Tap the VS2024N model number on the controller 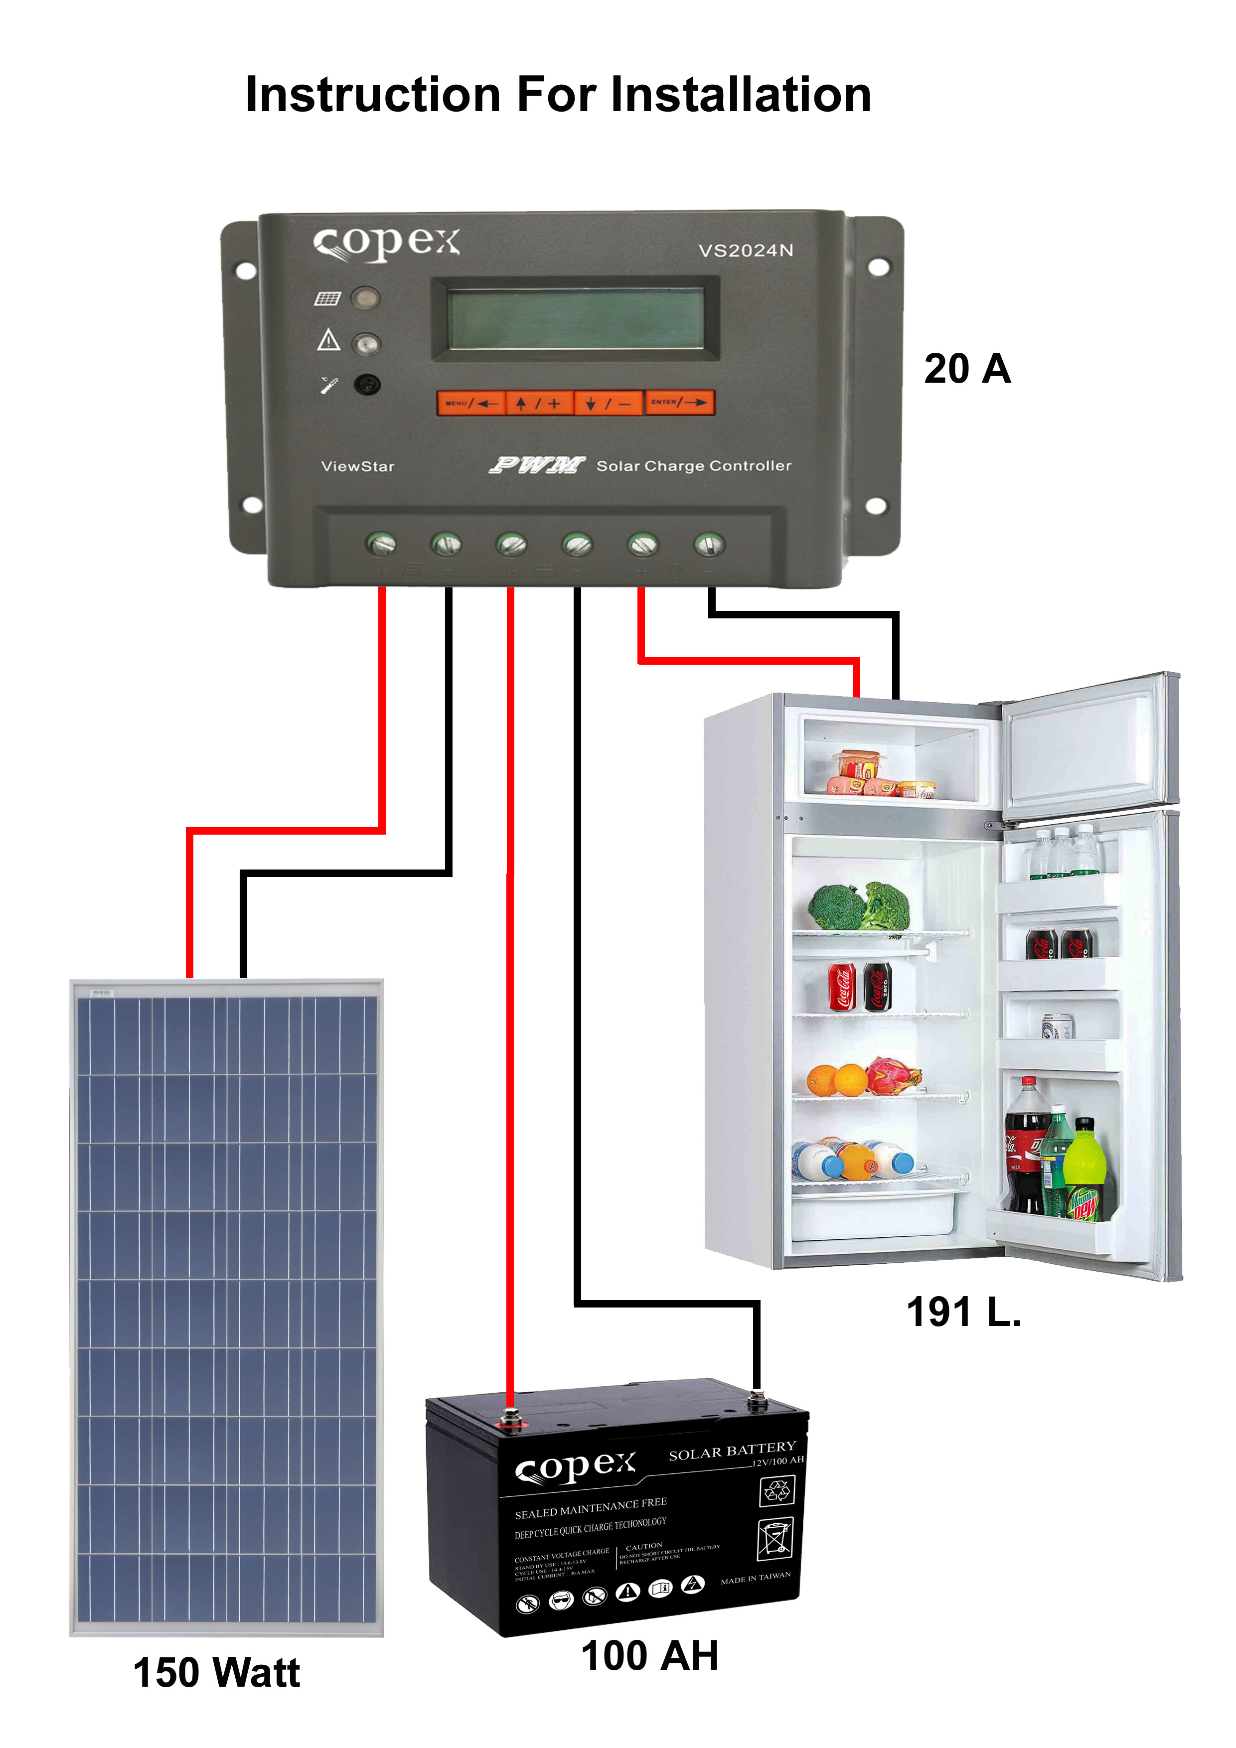click(746, 251)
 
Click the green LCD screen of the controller click(576, 318)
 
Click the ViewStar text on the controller click(357, 466)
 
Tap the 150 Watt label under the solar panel click(216, 1673)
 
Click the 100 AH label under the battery click(649, 1656)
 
